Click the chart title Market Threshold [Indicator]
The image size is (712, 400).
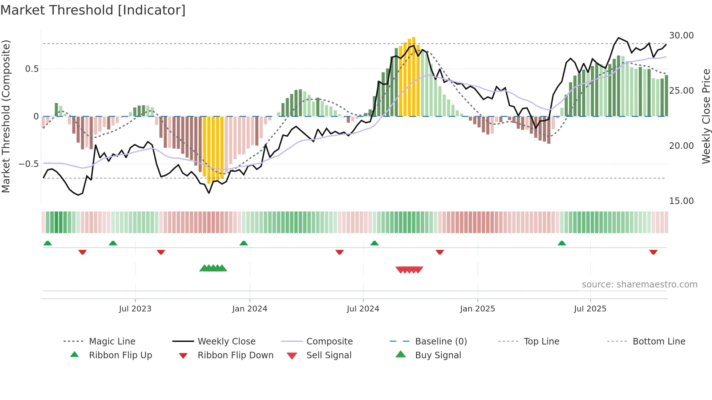tap(93, 10)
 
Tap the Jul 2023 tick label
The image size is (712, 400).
tap(135, 309)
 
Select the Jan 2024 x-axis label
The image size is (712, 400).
tap(250, 309)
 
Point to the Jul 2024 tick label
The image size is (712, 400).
tap(363, 309)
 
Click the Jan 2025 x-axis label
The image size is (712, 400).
tap(477, 309)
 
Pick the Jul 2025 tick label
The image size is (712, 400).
tap(590, 309)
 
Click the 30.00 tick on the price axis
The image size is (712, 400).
tap(681, 36)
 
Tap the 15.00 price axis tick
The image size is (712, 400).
tap(681, 201)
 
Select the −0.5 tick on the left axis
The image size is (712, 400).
tap(29, 164)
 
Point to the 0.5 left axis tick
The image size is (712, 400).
tap(32, 69)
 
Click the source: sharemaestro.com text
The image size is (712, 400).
tap(639, 285)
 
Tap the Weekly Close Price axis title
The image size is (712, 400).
tap(706, 116)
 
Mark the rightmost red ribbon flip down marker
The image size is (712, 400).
tap(653, 252)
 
